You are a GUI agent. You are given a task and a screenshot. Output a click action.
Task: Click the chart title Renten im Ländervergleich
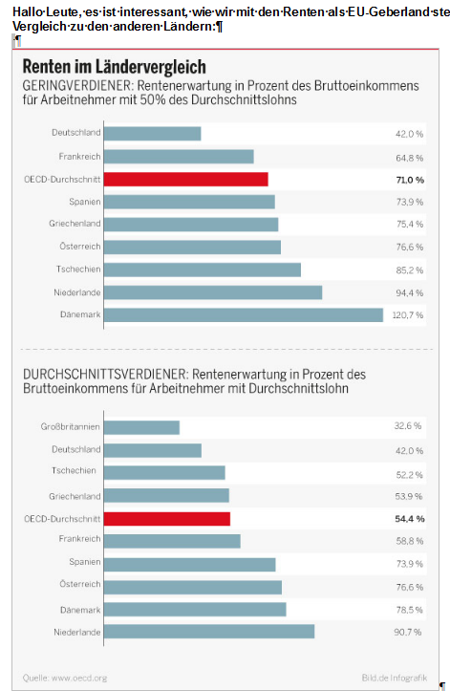[114, 67]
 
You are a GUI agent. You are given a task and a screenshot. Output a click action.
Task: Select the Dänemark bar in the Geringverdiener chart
[244, 315]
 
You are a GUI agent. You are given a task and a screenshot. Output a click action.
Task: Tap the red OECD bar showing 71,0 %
[186, 180]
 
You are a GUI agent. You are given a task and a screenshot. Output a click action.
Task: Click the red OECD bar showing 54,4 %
[167, 519]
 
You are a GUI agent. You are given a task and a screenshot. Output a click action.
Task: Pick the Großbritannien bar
[141, 427]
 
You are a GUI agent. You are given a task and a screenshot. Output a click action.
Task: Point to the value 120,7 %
[408, 315]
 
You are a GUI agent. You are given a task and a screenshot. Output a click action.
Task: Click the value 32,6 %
[408, 425]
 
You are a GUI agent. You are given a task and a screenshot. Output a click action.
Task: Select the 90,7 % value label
[408, 632]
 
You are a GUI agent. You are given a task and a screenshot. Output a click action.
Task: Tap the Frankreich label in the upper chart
[79, 157]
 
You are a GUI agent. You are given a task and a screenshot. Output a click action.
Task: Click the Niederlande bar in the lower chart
[209, 632]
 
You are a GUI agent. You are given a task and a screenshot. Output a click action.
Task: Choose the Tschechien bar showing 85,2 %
[203, 270]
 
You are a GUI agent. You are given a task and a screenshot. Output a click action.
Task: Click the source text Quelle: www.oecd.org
[65, 678]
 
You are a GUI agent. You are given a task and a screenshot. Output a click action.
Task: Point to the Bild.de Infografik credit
[395, 678]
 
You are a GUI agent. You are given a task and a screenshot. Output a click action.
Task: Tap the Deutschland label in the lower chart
[75, 449]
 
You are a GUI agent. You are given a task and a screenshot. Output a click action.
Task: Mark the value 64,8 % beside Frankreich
[410, 158]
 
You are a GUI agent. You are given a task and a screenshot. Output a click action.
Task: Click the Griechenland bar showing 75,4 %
[191, 225]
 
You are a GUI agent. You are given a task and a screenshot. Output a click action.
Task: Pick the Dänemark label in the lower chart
[80, 610]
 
